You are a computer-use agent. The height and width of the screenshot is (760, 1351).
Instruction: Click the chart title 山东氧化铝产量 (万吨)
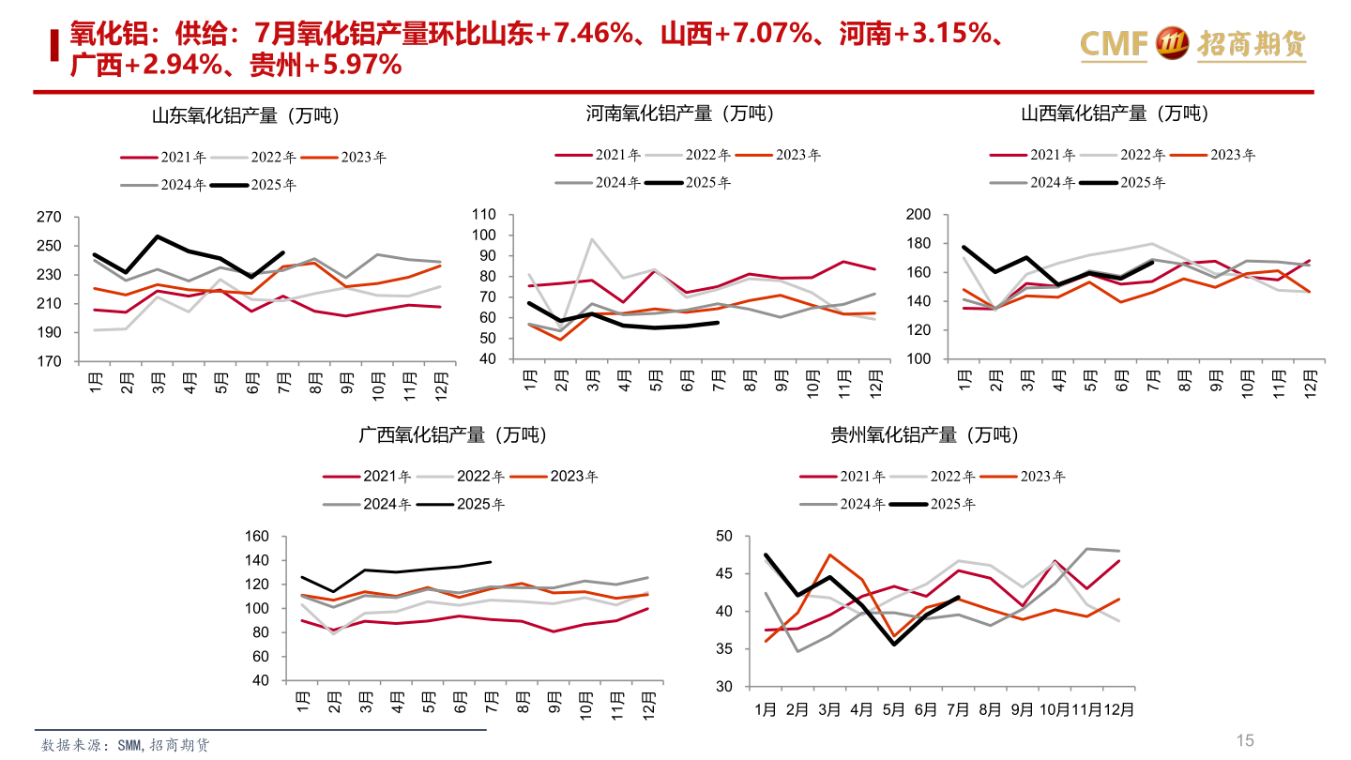point(245,116)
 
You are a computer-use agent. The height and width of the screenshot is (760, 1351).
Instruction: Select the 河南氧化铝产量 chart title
point(680,114)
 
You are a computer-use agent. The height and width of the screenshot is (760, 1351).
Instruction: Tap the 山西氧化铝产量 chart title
point(1114,114)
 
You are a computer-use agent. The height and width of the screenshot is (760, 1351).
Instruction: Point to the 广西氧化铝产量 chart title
point(452,435)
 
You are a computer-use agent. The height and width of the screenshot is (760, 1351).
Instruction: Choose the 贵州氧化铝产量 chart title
point(924,435)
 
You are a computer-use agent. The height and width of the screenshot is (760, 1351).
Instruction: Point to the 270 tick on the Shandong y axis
point(49,218)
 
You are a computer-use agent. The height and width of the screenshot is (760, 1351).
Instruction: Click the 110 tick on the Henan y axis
point(483,213)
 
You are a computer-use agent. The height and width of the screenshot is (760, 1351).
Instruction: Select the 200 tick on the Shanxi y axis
point(918,215)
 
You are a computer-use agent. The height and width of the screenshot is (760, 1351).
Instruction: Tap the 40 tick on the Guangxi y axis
point(260,680)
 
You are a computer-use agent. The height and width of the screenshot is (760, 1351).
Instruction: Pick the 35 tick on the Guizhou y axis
point(723,649)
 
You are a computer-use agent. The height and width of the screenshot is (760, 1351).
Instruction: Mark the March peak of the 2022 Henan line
point(593,239)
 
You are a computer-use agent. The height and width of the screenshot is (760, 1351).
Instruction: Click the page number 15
point(1244,740)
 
